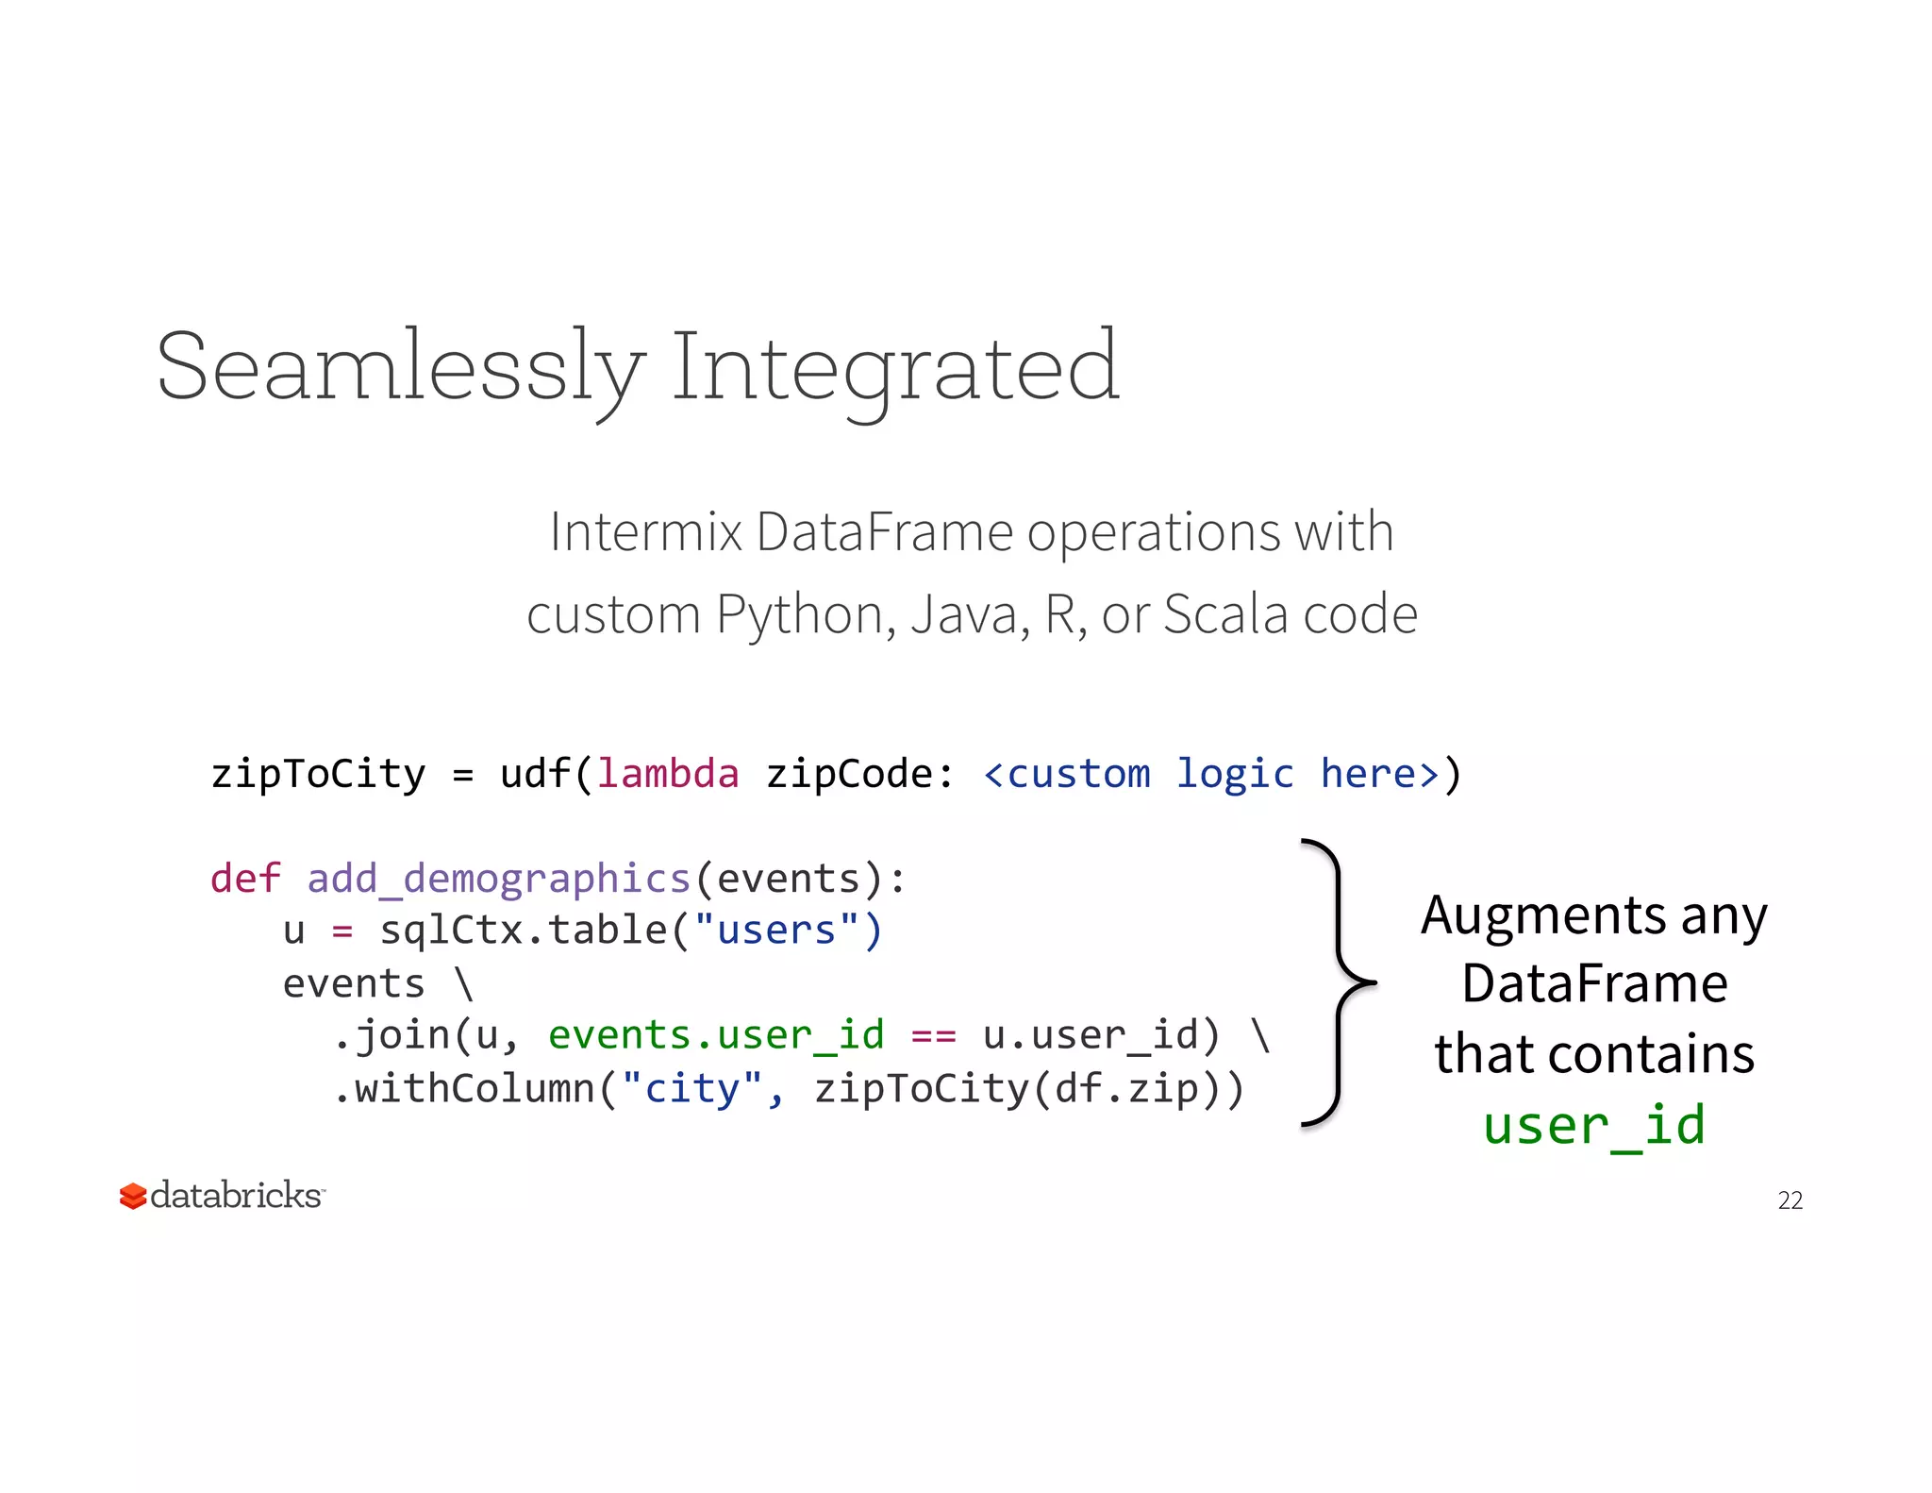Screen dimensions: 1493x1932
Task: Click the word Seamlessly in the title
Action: pyautogui.click(x=401, y=368)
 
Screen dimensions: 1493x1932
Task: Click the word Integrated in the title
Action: pyautogui.click(x=894, y=368)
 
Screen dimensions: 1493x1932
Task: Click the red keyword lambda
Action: pyautogui.click(x=668, y=774)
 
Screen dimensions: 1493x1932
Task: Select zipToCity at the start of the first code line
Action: pyautogui.click(x=318, y=774)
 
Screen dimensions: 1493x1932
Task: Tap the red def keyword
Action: pyautogui.click(x=245, y=879)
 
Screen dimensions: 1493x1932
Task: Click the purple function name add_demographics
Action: pyautogui.click(x=499, y=879)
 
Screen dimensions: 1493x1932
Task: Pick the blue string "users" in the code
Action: pyautogui.click(x=776, y=931)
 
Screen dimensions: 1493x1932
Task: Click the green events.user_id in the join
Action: pyautogui.click(x=716, y=1035)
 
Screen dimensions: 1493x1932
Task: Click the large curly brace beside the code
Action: pyautogui.click(x=1338, y=982)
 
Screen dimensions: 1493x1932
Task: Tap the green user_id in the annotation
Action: pyautogui.click(x=1594, y=1125)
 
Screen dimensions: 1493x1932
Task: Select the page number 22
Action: pyautogui.click(x=1790, y=1199)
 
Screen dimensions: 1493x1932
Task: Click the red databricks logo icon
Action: pyautogui.click(x=133, y=1196)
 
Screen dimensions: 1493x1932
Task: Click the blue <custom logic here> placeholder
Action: pyautogui.click(x=1211, y=774)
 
